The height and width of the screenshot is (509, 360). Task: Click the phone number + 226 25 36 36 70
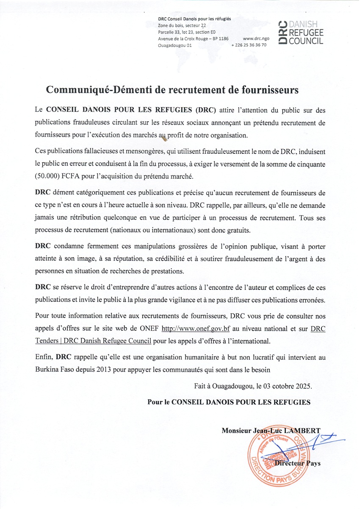249,45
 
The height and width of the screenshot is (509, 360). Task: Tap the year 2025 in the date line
302,386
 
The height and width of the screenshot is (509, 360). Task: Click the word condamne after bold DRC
70,246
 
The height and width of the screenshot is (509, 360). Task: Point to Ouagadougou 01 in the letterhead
174,45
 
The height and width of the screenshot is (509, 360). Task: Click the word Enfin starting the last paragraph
44,357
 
